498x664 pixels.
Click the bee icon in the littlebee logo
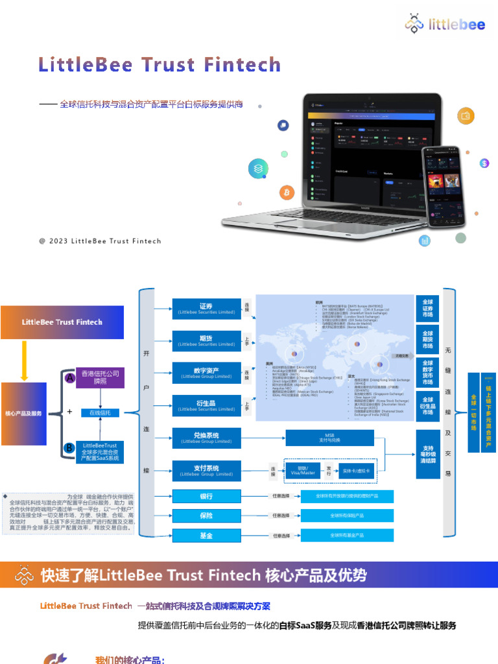coord(415,25)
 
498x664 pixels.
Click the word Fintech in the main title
coord(242,65)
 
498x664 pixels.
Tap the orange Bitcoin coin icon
coord(286,193)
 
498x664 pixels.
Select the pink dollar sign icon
coord(484,163)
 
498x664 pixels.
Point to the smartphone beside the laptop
coord(444,185)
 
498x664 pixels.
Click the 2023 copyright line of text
coord(100,241)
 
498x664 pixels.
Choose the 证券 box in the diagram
coord(206,309)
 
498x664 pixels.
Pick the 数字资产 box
coord(206,373)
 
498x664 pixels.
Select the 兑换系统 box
coord(206,438)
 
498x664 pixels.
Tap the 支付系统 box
coord(206,470)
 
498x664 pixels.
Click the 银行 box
coord(206,497)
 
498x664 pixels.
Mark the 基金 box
coord(206,535)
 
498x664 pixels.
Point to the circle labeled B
coord(69,447)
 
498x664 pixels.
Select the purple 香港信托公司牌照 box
coord(99,377)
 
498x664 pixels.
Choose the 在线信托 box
coord(99,412)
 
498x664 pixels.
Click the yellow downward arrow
coord(24,361)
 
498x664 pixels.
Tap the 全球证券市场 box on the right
coord(427,309)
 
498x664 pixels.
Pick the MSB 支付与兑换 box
coord(330,438)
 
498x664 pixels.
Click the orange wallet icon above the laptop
coord(465,116)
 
